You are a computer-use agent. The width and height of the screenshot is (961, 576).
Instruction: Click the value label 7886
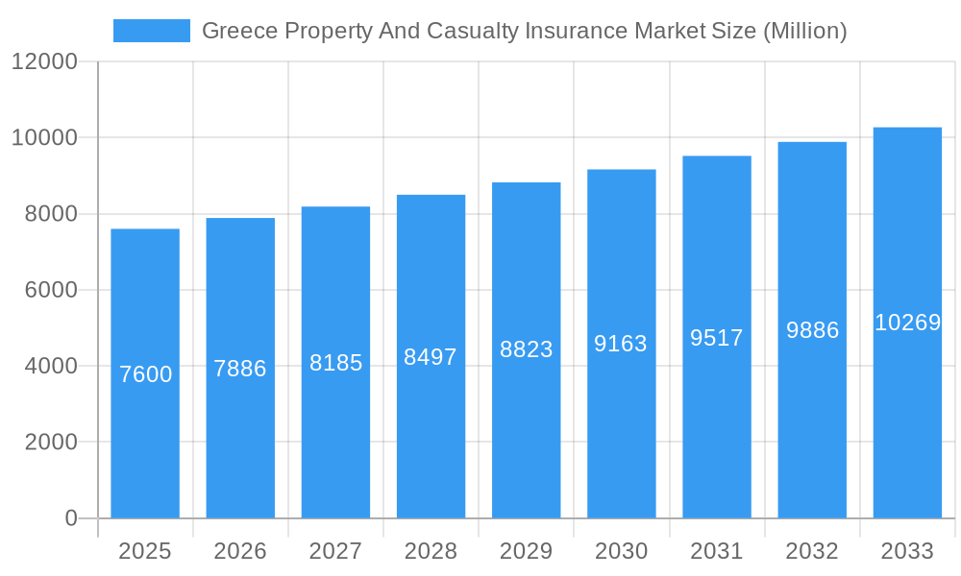coord(240,369)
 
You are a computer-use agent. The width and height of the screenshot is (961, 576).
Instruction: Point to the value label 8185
coord(335,363)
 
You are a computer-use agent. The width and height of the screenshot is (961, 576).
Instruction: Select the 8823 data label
coord(526,349)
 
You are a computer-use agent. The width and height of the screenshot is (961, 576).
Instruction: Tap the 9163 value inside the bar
coord(621,344)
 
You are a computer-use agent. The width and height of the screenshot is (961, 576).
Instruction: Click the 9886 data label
coord(812,330)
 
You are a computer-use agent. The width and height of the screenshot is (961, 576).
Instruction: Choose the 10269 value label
coord(907,323)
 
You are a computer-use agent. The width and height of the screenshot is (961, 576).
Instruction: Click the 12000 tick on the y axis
coord(44,61)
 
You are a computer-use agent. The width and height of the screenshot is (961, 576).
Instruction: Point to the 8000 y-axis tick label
coord(50,214)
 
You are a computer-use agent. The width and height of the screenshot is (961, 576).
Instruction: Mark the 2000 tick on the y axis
coord(50,443)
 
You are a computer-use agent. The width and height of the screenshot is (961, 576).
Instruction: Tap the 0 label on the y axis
coord(71,518)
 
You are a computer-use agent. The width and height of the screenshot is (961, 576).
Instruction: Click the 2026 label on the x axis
coord(240,551)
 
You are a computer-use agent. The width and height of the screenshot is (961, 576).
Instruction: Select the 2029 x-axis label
coord(526,551)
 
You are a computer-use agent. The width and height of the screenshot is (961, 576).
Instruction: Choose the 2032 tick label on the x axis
coord(812,551)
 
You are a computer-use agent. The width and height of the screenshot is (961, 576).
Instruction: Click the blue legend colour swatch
coord(152,31)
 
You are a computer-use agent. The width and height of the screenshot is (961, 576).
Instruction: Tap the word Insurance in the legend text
coord(569,31)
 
